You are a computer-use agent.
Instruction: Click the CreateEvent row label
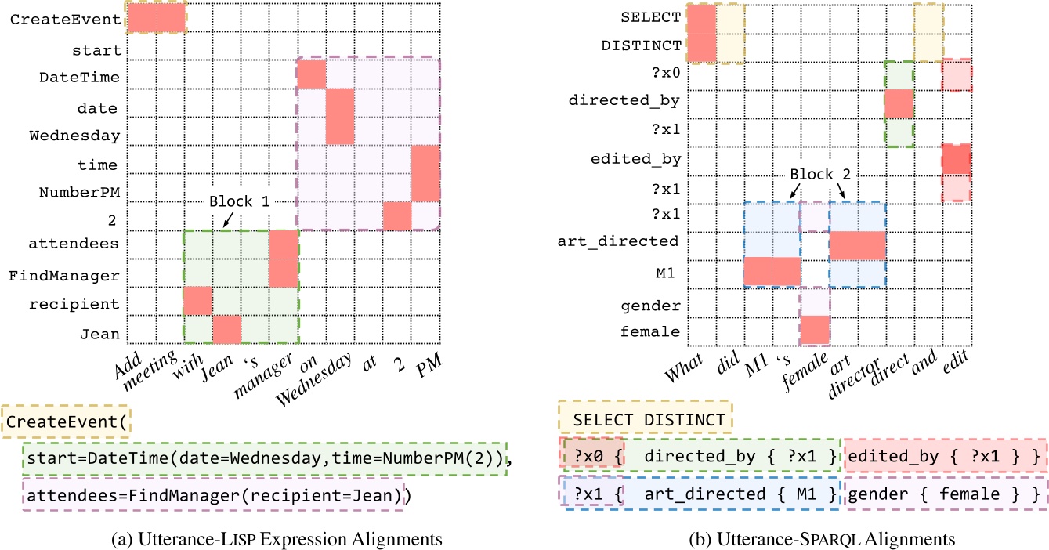click(65, 20)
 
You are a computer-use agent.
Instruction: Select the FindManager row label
click(64, 276)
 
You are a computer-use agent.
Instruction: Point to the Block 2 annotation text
click(816, 174)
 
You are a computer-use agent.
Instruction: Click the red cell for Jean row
click(226, 330)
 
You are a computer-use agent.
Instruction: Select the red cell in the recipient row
click(197, 302)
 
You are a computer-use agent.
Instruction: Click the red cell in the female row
click(815, 331)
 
